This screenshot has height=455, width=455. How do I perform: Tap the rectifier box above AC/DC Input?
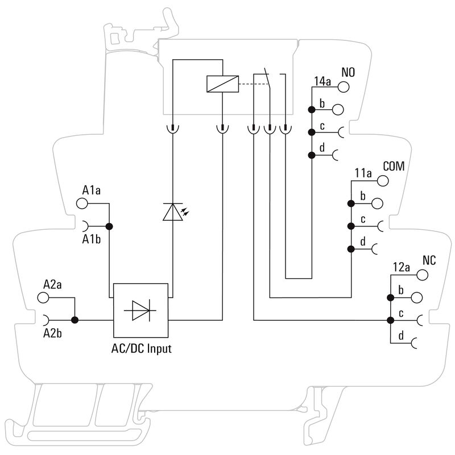141,311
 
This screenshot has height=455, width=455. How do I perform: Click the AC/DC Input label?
141,349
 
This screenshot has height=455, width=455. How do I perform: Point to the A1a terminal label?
92,190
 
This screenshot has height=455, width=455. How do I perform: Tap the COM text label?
394,167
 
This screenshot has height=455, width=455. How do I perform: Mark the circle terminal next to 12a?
422,275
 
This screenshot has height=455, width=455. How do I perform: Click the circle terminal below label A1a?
82,203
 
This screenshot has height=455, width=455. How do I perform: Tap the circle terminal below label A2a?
43,297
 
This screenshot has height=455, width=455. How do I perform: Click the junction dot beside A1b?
110,226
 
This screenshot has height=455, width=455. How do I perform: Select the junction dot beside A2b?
75,320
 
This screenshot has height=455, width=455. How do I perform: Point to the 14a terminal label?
322,81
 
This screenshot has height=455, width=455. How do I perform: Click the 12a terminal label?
402,267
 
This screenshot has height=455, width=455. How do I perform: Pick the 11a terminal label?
362,173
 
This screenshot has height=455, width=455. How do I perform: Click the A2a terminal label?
52,283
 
